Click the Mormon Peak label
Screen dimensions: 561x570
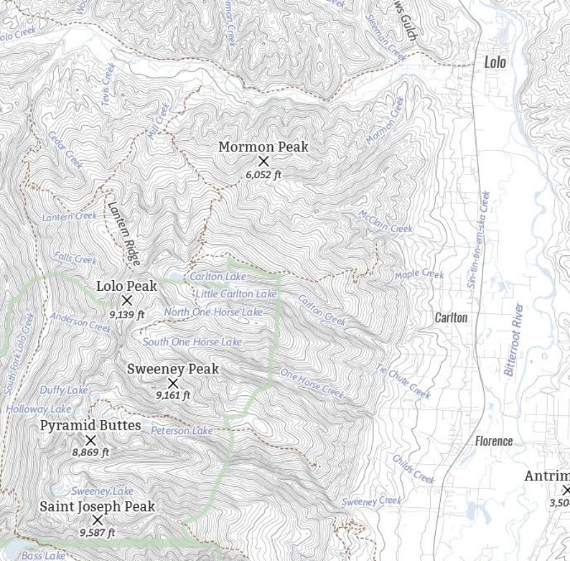click(x=263, y=147)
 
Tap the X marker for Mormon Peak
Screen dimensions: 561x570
click(x=263, y=161)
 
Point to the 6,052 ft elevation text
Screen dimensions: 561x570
click(x=263, y=175)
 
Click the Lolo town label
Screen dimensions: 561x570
click(x=495, y=62)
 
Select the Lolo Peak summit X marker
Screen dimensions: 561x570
click(x=127, y=300)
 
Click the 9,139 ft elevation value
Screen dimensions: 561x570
click(x=127, y=314)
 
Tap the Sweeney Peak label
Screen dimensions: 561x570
click(x=173, y=368)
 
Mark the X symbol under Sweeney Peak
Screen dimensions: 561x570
click(x=173, y=383)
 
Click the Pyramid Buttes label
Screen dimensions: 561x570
click(x=90, y=425)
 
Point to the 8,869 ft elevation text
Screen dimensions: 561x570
click(x=90, y=453)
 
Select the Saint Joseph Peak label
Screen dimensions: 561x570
click(x=97, y=506)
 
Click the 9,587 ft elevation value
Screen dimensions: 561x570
click(x=97, y=533)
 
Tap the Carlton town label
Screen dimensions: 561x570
click(x=451, y=317)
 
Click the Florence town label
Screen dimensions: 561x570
click(x=494, y=441)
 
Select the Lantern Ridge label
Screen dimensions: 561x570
click(x=123, y=232)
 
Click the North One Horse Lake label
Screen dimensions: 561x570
click(x=213, y=312)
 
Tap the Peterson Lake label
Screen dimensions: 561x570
click(x=182, y=431)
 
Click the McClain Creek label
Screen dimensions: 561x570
click(x=386, y=221)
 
